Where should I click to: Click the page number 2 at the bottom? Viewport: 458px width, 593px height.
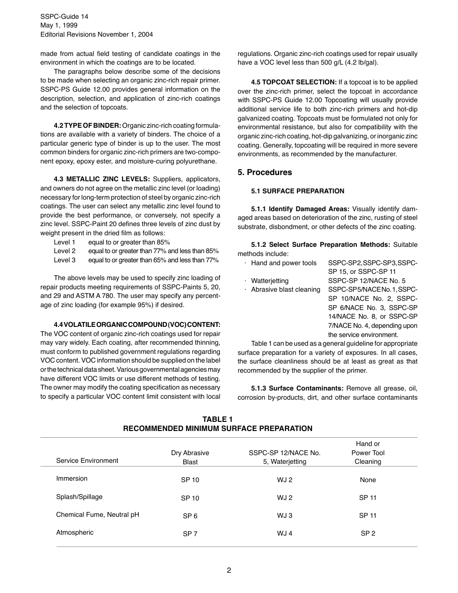(x=229, y=570)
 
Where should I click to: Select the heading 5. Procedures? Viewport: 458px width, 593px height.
(x=265, y=173)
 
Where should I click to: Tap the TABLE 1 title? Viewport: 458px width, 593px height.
(x=217, y=419)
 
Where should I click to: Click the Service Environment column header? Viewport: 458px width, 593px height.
(x=87, y=460)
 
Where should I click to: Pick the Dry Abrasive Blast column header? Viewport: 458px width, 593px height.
(x=190, y=457)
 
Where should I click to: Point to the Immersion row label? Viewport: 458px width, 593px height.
(x=72, y=479)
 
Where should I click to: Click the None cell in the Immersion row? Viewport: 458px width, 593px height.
(x=367, y=480)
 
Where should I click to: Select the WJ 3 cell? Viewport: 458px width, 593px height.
(x=284, y=515)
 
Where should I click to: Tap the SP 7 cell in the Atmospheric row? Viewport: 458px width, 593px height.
(x=190, y=534)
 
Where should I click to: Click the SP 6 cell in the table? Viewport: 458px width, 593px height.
(x=190, y=516)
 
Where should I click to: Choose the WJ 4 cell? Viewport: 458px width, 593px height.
(x=284, y=533)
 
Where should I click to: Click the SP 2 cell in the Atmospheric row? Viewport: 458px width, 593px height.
(x=367, y=533)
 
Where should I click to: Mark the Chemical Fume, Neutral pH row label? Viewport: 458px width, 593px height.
(x=97, y=514)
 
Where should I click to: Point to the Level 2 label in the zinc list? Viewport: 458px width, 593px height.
(x=65, y=251)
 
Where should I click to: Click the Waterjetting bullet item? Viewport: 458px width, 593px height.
(x=269, y=281)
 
